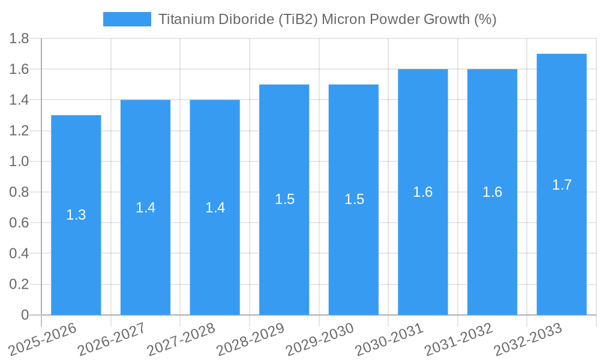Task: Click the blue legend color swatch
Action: click(x=127, y=19)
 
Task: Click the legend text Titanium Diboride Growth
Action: click(x=327, y=19)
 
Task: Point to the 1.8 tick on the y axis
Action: click(x=19, y=39)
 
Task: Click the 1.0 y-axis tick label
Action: click(x=19, y=162)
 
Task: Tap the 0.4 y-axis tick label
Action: click(x=19, y=254)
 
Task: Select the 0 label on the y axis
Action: click(x=25, y=315)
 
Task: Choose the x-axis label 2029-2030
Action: click(x=320, y=339)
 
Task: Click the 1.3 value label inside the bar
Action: click(x=76, y=215)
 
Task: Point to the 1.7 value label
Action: click(x=562, y=185)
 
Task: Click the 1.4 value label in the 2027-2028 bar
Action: click(x=215, y=208)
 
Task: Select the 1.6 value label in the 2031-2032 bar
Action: click(x=492, y=192)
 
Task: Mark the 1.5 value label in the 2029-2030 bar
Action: click(x=354, y=200)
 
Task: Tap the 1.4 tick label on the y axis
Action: click(x=19, y=100)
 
